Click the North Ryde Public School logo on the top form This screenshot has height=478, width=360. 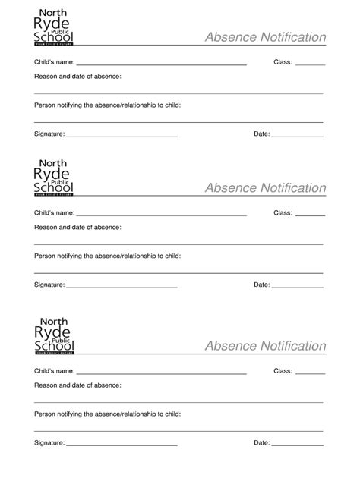[55, 29]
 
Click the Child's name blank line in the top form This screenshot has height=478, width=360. [161, 64]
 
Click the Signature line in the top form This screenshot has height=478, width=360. [122, 136]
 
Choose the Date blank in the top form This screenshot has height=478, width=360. [298, 136]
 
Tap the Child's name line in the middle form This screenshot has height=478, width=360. [161, 215]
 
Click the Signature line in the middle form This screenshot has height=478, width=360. [122, 287]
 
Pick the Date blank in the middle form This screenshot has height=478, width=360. [298, 287]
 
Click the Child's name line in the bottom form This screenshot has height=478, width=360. [161, 373]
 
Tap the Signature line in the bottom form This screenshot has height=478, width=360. [122, 445]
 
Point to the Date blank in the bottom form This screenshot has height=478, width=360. [298, 445]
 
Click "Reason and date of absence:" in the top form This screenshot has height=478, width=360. [77, 77]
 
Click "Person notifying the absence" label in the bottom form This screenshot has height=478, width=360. [107, 414]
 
